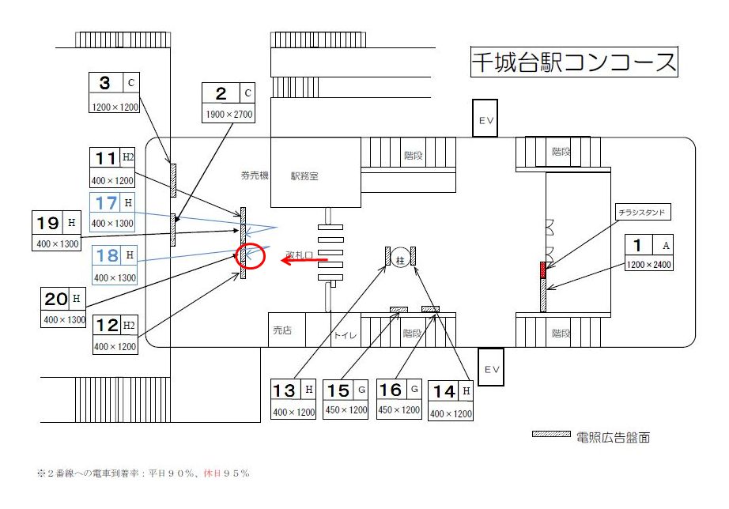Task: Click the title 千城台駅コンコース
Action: [574, 62]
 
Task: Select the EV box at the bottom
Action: [490, 368]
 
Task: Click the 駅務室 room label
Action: [304, 176]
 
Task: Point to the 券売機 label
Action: [255, 175]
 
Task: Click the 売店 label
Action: [282, 330]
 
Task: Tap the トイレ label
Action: [344, 335]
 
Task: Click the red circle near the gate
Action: [250, 256]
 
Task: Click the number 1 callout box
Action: [648, 254]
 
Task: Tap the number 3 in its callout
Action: [105, 83]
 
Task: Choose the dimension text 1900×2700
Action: [229, 115]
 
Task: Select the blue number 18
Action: [107, 256]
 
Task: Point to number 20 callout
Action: [57, 299]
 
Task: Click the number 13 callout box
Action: [293, 399]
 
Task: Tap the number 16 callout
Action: [398, 399]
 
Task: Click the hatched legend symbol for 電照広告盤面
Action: [551, 435]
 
